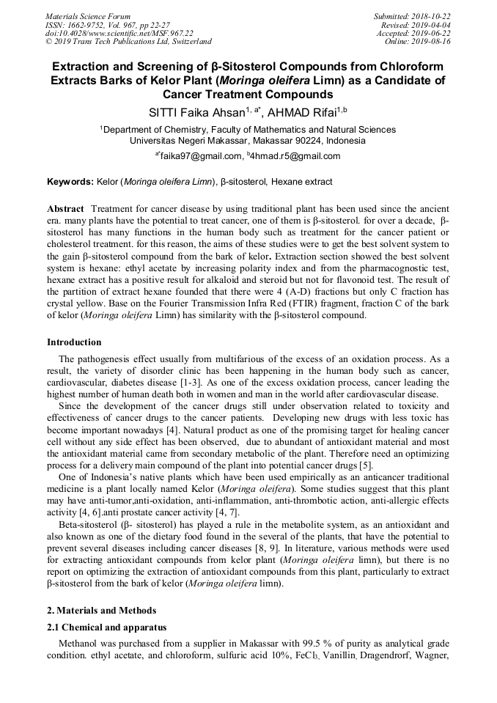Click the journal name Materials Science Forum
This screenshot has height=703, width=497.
tap(88, 16)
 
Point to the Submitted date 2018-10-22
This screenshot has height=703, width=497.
tap(432, 16)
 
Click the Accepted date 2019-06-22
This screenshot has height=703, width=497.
tap(431, 33)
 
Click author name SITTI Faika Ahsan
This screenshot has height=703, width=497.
tap(196, 113)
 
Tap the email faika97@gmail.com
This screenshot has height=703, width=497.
tap(201, 156)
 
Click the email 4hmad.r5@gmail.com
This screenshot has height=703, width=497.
tap(296, 156)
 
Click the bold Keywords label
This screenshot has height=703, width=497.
tap(70, 182)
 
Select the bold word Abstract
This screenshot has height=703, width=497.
tap(65, 210)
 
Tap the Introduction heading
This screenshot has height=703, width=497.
tap(74, 342)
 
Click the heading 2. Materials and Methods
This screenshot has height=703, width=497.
tap(101, 611)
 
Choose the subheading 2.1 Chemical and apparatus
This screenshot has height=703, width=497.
tap(106, 627)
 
